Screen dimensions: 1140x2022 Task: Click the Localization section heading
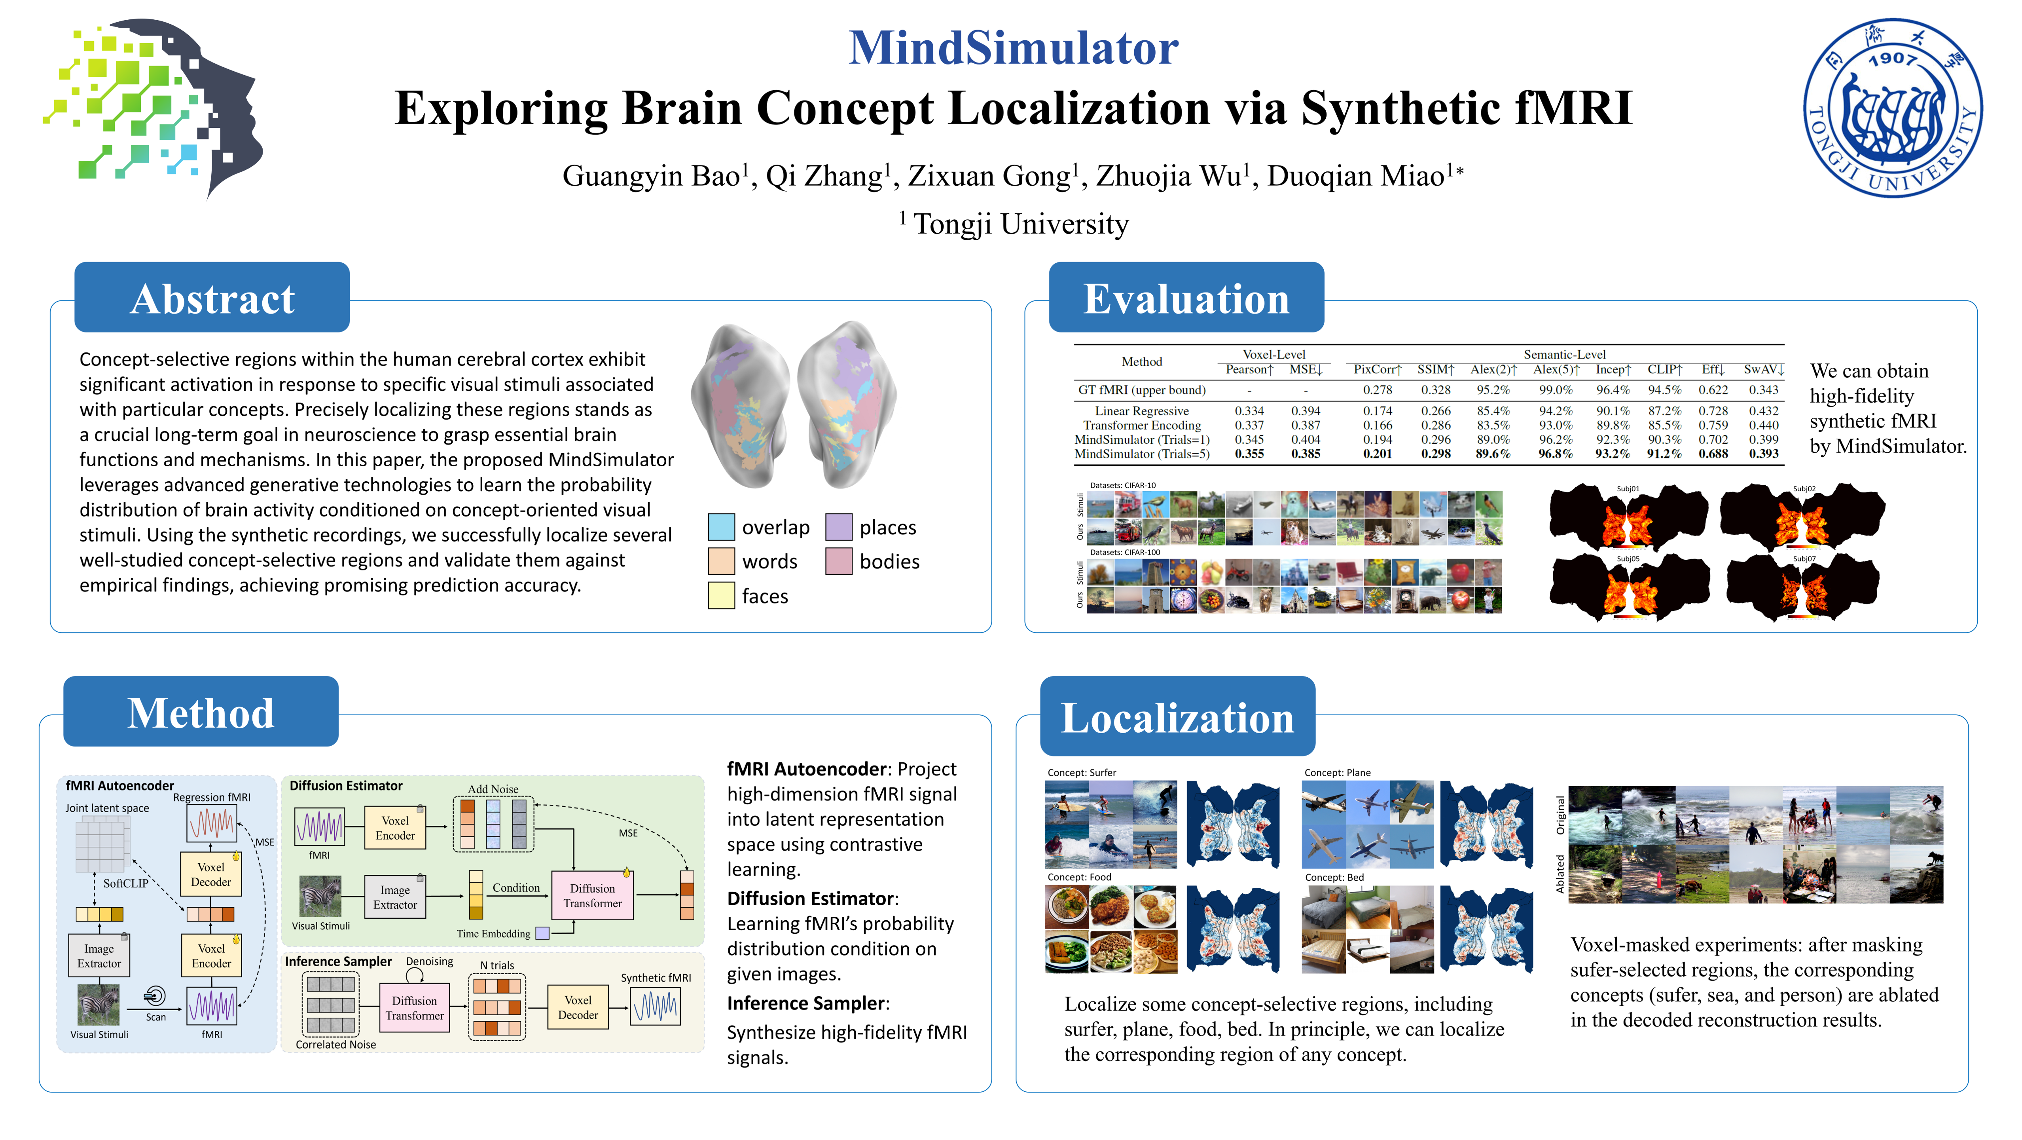(x=1177, y=717)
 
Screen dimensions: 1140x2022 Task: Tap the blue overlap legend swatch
(x=720, y=527)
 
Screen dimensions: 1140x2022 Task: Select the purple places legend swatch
(x=838, y=527)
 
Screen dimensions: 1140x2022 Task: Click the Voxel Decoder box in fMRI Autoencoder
(x=211, y=874)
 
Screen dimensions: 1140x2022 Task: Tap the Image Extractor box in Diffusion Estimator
(x=395, y=897)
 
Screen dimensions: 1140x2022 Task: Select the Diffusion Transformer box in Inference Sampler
(x=415, y=1007)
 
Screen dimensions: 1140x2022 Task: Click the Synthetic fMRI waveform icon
(x=656, y=1006)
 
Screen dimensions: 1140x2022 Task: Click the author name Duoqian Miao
(x=1356, y=176)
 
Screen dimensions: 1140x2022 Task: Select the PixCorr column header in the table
(x=1377, y=369)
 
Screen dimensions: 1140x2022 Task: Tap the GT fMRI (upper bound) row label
(x=1141, y=389)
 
